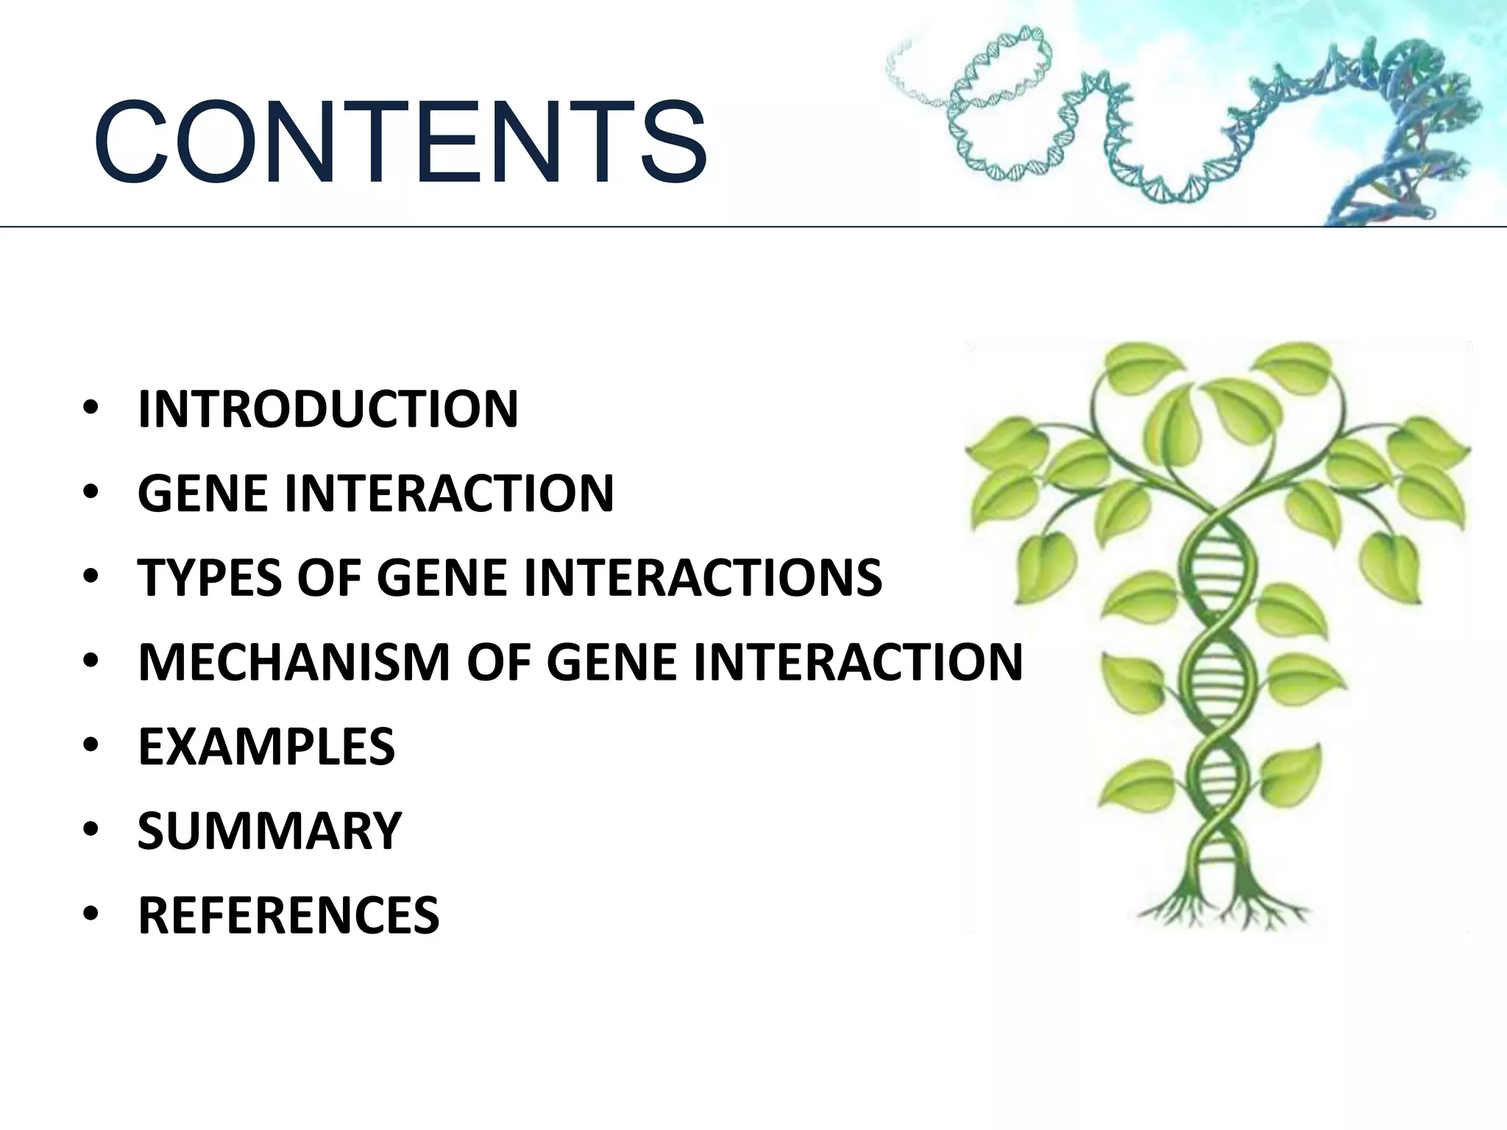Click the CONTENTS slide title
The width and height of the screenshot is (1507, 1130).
click(x=401, y=143)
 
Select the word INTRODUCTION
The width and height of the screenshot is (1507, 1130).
click(x=328, y=409)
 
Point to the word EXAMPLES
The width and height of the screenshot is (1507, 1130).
click(x=266, y=746)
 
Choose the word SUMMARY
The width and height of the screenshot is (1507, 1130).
click(x=269, y=831)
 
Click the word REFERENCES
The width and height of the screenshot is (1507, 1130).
click(x=288, y=915)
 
